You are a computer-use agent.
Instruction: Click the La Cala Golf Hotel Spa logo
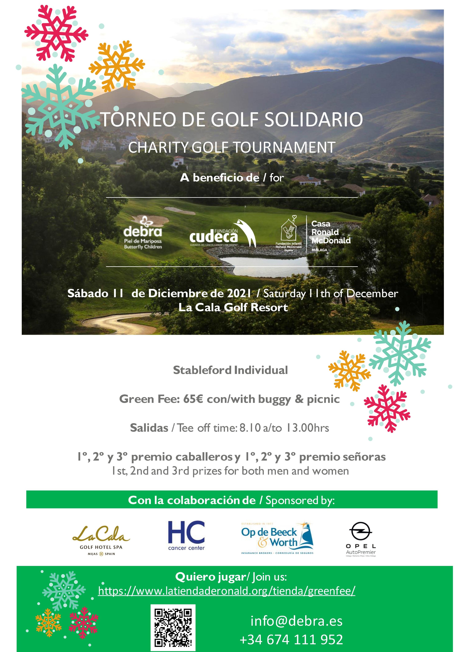pyautogui.click(x=101, y=540)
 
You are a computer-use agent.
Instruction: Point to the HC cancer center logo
pyautogui.click(x=186, y=536)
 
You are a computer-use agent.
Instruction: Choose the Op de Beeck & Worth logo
pyautogui.click(x=277, y=538)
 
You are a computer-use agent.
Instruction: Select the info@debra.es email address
pyautogui.click(x=296, y=621)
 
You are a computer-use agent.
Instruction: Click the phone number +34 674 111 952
pyautogui.click(x=291, y=640)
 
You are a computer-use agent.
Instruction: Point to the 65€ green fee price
pyautogui.click(x=193, y=399)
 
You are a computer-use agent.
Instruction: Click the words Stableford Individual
pyautogui.click(x=230, y=370)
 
